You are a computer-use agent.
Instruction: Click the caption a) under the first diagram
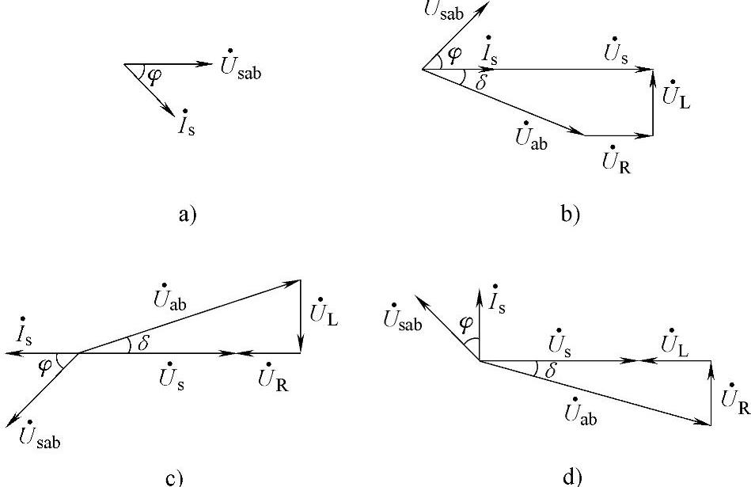187,214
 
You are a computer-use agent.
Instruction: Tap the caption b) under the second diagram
570,214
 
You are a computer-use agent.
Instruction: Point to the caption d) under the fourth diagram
571,477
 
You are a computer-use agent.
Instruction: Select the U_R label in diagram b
615,162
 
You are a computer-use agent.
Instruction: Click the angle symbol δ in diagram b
480,82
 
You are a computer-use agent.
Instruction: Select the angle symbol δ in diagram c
142,344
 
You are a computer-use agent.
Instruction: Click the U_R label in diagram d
732,396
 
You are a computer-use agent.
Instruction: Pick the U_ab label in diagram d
582,411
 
